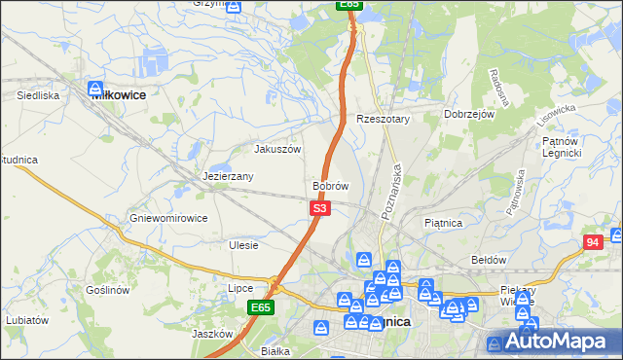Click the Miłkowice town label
pos(118,95)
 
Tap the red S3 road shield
pos(320,208)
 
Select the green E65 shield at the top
pos(350,5)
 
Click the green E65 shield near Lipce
pos(259,307)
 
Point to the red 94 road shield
pos(593,242)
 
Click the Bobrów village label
pos(330,185)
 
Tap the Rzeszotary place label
pos(384,119)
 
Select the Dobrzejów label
pos(470,114)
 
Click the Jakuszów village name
pos(277,150)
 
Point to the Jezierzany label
pos(228,177)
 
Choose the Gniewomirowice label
pos(168,218)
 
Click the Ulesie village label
pos(243,245)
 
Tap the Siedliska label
pos(39,96)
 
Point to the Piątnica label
pos(443,223)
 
